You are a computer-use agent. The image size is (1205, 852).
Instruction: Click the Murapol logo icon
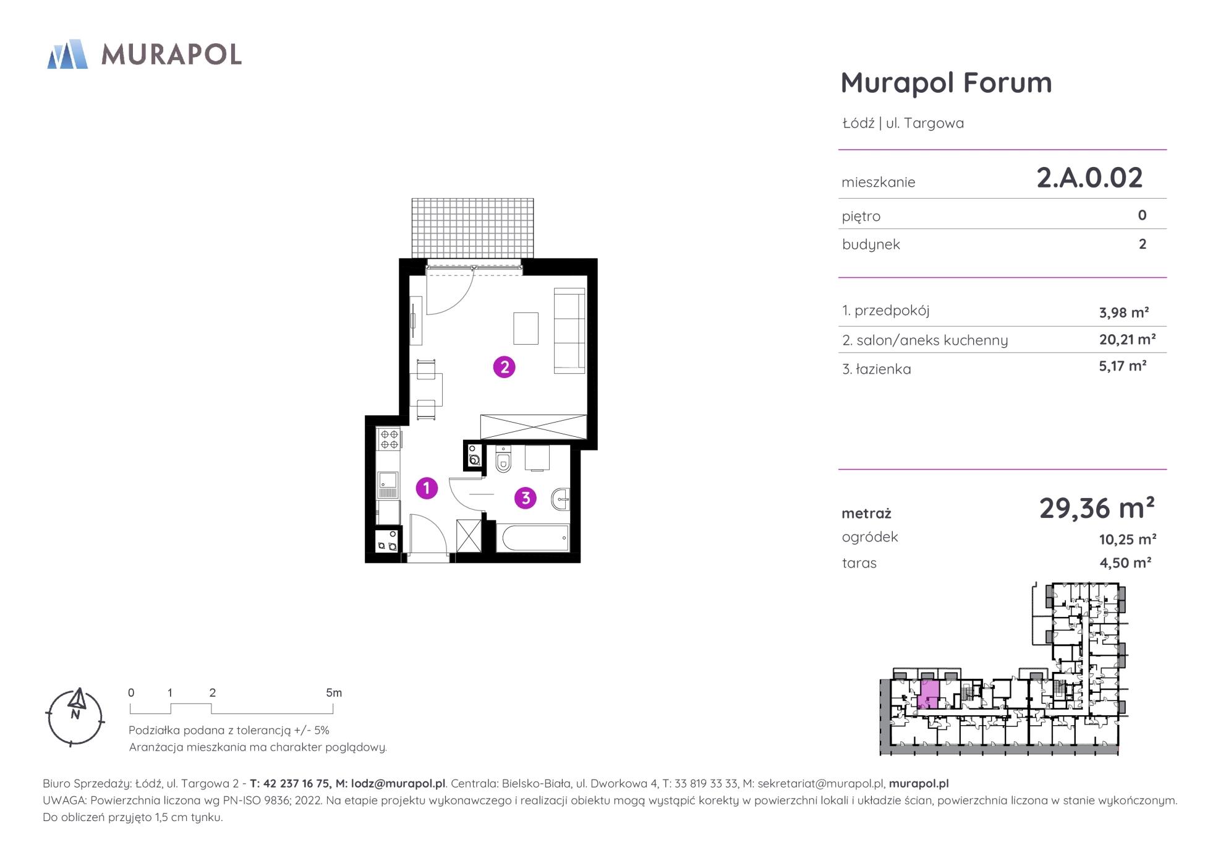pos(67,54)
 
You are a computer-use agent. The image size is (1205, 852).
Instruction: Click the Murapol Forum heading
pos(946,82)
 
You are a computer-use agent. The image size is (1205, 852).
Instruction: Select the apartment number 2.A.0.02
pos(1089,178)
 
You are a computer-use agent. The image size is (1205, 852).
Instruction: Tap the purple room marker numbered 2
pos(504,368)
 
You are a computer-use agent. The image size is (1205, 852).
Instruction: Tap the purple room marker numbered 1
pos(427,488)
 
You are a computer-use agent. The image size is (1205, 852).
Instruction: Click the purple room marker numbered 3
pos(526,497)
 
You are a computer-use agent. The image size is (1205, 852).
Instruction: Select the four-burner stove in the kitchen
pos(390,439)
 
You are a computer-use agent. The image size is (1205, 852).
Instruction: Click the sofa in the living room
pos(569,331)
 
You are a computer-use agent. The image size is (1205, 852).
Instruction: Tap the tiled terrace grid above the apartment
pos(473,228)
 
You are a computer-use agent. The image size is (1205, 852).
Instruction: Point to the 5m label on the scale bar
pos(334,693)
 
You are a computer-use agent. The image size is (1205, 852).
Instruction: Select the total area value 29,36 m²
pos(1097,508)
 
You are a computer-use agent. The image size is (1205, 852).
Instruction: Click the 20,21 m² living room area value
pos(1128,339)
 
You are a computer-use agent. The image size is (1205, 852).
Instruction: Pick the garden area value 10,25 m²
pos(1128,540)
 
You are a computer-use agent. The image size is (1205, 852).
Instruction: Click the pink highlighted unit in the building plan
pos(929,694)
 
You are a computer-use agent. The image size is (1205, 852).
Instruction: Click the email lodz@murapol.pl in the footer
pos(398,783)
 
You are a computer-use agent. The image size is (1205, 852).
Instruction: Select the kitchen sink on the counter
pos(388,483)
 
